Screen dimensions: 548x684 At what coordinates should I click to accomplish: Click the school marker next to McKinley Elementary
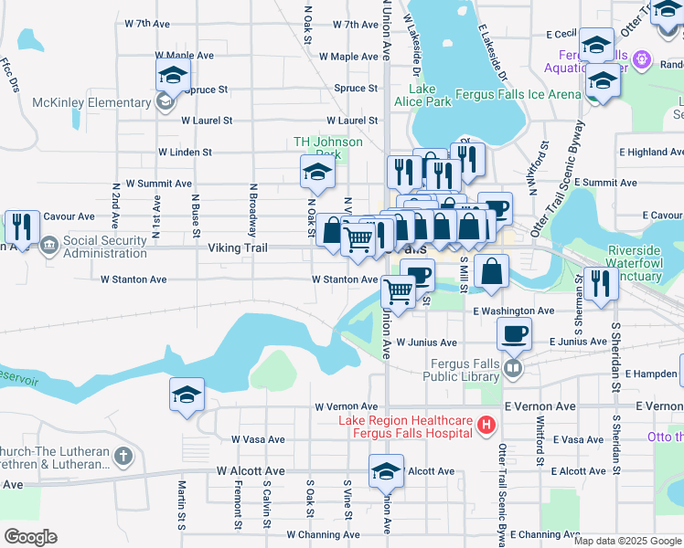click(171, 78)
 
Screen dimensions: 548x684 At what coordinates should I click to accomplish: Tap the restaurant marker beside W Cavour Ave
click(21, 227)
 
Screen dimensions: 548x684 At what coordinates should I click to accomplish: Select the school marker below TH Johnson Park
click(317, 171)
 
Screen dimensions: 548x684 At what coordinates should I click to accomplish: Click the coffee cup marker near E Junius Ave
click(514, 335)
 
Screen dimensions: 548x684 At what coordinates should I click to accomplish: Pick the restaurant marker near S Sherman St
click(601, 283)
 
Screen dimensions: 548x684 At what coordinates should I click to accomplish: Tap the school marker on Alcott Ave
click(386, 472)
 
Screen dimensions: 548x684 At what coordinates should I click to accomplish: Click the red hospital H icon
click(486, 425)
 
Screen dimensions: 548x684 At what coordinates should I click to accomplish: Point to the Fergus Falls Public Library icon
click(514, 369)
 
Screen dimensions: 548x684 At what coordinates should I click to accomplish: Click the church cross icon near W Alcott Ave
click(123, 454)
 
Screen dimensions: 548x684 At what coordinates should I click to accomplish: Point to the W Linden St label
click(185, 152)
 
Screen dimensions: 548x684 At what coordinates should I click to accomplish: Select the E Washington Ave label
click(514, 311)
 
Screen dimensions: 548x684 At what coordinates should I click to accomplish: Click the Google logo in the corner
click(30, 537)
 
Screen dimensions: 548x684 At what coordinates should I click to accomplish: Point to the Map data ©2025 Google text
click(626, 541)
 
